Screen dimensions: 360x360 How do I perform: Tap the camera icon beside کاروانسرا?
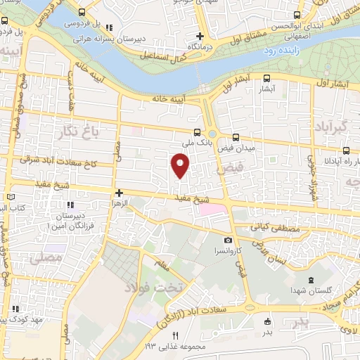point(227,240)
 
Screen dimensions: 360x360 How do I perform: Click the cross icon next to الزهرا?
point(120,192)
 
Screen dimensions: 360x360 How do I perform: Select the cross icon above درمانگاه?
point(200,36)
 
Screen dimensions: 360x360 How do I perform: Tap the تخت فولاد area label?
point(153,287)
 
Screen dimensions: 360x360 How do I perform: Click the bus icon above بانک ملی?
point(198,131)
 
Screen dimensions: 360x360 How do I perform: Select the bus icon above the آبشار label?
point(266,79)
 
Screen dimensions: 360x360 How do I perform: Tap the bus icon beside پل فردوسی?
point(82,13)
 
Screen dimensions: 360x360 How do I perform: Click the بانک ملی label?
point(198,142)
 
